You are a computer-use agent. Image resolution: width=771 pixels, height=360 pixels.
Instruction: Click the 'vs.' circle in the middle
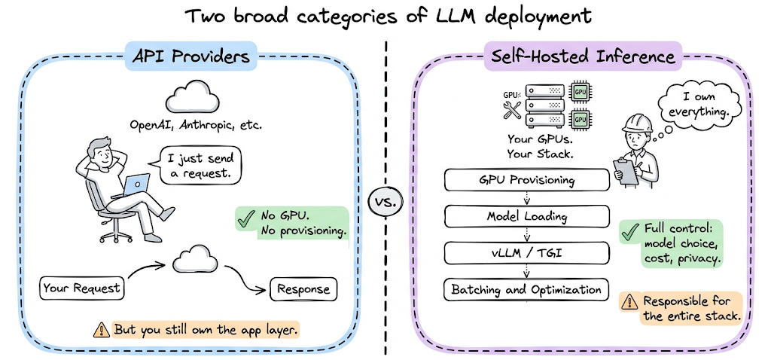click(385, 202)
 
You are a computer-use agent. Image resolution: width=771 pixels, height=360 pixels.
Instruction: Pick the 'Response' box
click(303, 289)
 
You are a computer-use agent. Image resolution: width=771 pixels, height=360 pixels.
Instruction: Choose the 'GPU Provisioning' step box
click(526, 181)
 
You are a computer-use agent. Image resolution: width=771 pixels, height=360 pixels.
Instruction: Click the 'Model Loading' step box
click(526, 217)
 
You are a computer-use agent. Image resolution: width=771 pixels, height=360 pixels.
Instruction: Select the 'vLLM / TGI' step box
click(526, 253)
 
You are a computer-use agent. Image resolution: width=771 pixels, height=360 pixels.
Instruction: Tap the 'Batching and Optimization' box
click(526, 289)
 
